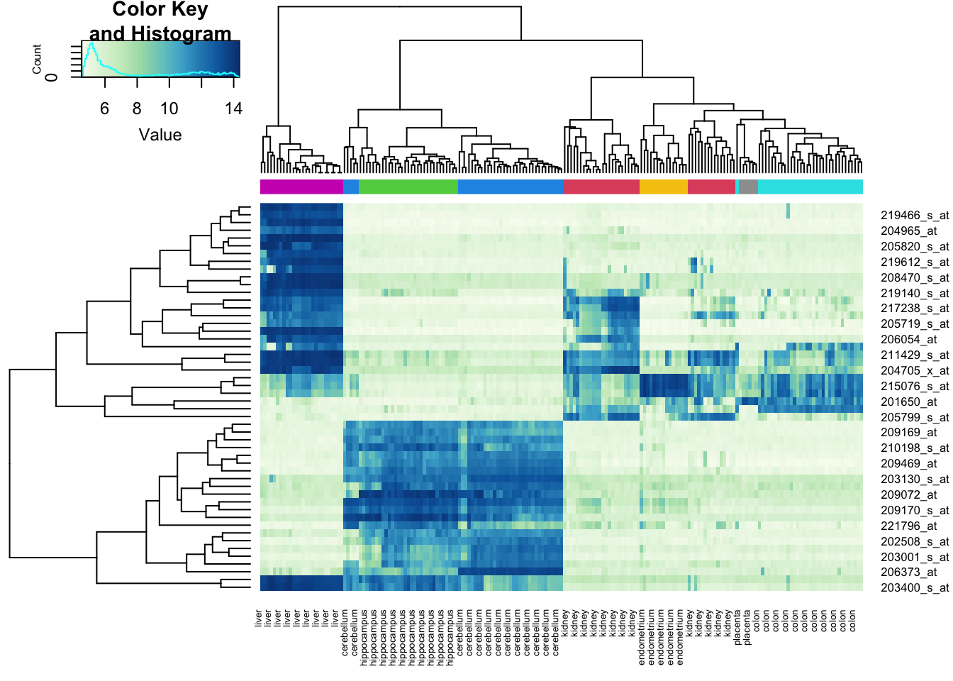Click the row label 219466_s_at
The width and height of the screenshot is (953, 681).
tap(914, 215)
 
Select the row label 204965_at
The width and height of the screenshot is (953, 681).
tap(908, 231)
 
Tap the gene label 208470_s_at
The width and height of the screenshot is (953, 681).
tap(914, 277)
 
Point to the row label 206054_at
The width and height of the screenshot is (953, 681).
tap(908, 339)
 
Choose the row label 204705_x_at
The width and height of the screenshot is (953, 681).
tap(914, 370)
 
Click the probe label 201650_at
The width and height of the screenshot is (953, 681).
tap(908, 402)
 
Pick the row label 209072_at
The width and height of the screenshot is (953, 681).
tap(908, 494)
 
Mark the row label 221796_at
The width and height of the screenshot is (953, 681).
tap(908, 526)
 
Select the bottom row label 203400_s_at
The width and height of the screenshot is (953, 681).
tap(914, 587)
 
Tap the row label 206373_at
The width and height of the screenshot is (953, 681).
tap(908, 572)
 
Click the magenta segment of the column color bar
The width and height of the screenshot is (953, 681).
tap(301, 187)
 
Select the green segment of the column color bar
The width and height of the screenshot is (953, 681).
tap(408, 187)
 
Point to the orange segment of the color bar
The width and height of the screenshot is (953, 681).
tap(663, 187)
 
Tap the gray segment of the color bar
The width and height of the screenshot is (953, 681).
tap(748, 187)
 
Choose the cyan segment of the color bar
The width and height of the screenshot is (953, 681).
tap(810, 187)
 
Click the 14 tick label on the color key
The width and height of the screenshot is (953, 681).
tap(233, 109)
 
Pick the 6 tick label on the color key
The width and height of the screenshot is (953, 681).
tap(105, 109)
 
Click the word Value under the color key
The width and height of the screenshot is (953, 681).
tap(160, 135)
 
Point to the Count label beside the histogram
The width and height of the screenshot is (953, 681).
tap(37, 59)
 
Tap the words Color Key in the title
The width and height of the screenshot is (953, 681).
tap(160, 10)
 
